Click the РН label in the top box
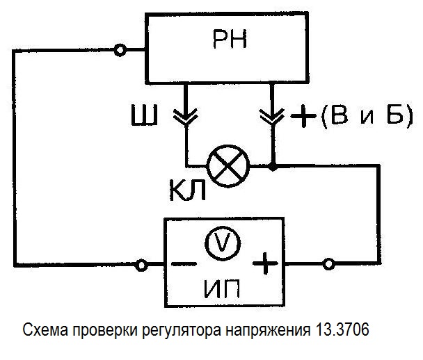point(229,44)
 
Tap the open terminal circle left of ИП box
point(142,264)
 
